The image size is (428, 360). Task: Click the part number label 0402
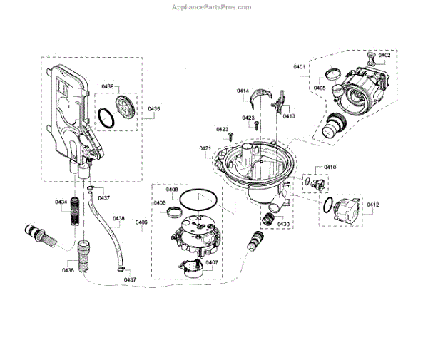point(384,55)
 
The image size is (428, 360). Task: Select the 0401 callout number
point(299,67)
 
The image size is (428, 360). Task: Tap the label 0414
point(243,91)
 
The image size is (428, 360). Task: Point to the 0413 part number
point(289,115)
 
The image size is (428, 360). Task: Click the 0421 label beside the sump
point(205,148)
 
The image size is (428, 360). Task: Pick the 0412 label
point(372,205)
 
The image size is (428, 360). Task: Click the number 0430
point(283,224)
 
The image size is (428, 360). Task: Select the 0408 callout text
point(172,190)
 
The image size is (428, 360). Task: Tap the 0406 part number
point(141,223)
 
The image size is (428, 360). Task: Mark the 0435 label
point(154,109)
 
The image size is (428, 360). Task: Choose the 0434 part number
point(61,202)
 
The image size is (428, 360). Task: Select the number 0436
point(68,270)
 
